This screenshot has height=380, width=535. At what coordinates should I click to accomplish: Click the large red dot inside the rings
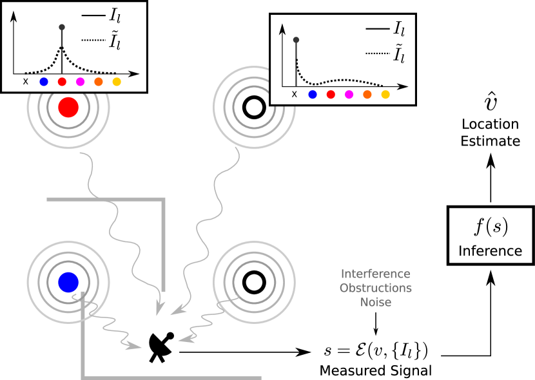pos(68,108)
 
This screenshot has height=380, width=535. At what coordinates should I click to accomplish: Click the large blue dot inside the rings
pos(68,282)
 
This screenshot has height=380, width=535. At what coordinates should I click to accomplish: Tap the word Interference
pos(375,274)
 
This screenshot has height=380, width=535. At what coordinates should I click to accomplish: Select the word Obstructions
pos(375,288)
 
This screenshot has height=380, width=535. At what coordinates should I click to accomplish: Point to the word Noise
pos(375,302)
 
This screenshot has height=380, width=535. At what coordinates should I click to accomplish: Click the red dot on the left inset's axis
pos(62,82)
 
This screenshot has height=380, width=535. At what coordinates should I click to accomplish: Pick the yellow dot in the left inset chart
pos(117,82)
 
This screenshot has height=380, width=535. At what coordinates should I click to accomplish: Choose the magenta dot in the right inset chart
pos(349,94)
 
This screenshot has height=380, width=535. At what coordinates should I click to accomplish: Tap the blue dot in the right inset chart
pos(313,94)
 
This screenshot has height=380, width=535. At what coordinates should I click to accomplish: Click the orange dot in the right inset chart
pos(367,94)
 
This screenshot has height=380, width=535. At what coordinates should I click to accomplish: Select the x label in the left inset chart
pos(26,82)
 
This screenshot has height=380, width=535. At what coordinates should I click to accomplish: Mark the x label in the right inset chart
pos(295,94)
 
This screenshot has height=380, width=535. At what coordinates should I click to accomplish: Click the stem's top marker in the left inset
pos(62,27)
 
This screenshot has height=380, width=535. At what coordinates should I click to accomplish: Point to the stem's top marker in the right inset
pos(296,40)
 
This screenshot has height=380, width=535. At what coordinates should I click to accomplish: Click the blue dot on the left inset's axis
pos(44,82)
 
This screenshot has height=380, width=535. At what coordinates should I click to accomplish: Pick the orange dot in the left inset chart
pos(98,82)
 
